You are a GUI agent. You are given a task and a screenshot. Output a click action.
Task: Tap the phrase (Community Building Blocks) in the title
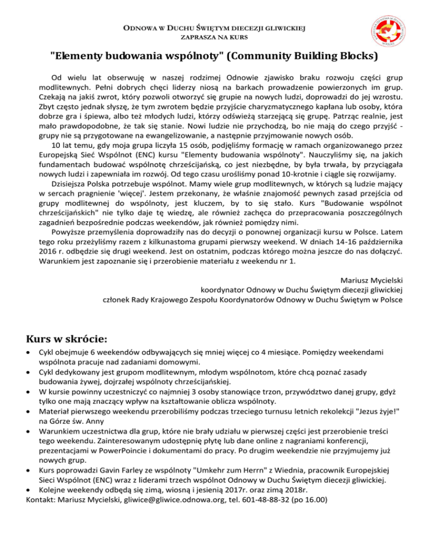pyautogui.click(x=302, y=56)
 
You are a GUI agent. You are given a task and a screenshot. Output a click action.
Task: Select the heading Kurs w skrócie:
pyautogui.click(x=68, y=339)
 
